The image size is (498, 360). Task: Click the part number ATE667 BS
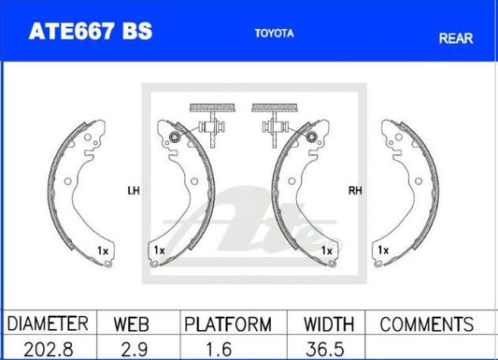pyautogui.click(x=91, y=31)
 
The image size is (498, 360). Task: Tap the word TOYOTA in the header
pyautogui.click(x=275, y=34)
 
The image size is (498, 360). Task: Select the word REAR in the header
pyautogui.click(x=456, y=38)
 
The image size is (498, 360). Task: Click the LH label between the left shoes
pyautogui.click(x=134, y=191)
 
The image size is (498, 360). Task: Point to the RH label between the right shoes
pyautogui.click(x=355, y=191)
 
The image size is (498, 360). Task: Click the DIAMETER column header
pyautogui.click(x=48, y=324)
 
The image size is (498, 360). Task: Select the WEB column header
pyautogui.click(x=131, y=324)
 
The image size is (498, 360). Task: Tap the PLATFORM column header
pyautogui.click(x=228, y=324)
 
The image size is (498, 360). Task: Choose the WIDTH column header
pyautogui.click(x=329, y=324)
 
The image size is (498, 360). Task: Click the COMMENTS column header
pyautogui.click(x=427, y=324)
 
